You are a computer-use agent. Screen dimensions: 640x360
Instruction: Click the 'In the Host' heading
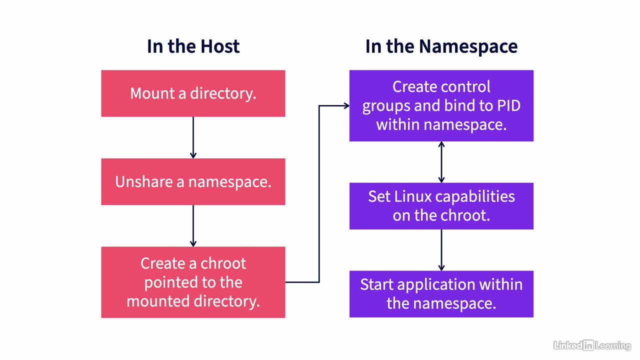193,46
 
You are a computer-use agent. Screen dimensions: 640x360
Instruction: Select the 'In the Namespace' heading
441,46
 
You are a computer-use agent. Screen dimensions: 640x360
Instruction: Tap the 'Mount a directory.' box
193,93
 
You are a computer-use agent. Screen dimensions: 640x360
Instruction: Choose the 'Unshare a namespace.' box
193,181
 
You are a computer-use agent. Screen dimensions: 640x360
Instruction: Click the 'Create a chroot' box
193,282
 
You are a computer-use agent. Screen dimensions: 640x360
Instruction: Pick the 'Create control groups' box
441,105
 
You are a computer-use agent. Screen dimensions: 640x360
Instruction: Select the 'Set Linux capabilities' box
441,206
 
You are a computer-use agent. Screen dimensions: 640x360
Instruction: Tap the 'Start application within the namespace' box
441,294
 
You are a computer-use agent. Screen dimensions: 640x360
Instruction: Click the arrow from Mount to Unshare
193,137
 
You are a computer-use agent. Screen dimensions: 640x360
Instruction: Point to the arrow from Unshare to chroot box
193,225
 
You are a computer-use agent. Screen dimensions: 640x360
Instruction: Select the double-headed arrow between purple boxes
441,162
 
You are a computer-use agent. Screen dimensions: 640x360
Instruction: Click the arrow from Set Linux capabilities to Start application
441,250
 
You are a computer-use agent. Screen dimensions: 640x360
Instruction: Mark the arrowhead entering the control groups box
346,105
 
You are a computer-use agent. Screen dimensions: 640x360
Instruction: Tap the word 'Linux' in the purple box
412,196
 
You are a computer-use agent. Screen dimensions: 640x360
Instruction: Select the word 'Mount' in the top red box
152,93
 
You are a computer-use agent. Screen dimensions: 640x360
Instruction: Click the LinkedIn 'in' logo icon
588,345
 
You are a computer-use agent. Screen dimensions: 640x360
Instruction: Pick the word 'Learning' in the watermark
613,345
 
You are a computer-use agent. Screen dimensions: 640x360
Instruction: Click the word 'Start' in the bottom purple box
376,284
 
